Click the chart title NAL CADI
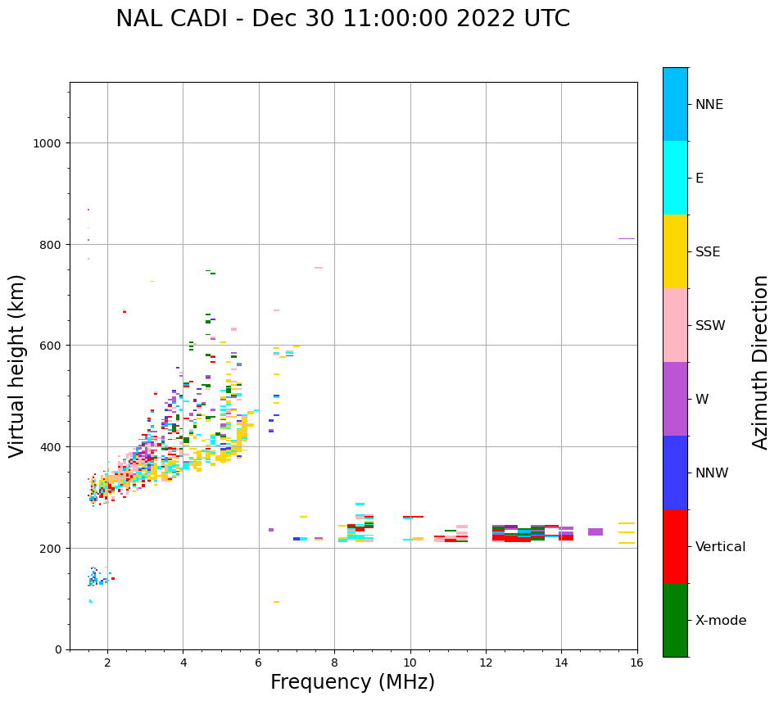pos(342,19)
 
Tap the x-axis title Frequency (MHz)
pos(352,682)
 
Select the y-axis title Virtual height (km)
pos(17,365)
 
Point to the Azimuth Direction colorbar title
pos(761,362)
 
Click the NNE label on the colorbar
pos(709,104)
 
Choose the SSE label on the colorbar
pos(708,251)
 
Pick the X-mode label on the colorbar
pos(721,620)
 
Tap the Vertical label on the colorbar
pos(721,546)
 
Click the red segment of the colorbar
pos(675,546)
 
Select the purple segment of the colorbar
pos(675,399)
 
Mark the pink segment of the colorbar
pos(675,325)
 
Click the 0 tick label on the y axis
pos(57,649)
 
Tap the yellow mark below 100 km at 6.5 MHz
pos(276,602)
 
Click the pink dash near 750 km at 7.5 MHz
pos(319,268)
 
